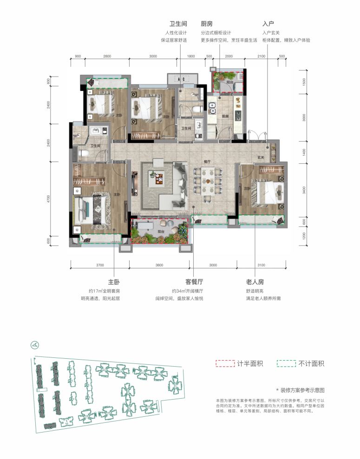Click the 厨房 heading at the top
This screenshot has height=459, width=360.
(207, 24)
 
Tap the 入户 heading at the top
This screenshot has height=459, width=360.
(268, 24)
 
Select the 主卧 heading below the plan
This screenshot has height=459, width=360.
(114, 282)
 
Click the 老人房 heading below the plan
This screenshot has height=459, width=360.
(255, 282)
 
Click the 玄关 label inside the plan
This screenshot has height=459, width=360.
(261, 158)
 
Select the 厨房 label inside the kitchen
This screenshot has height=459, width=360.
(226, 116)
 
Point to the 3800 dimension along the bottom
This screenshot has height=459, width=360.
(159, 265)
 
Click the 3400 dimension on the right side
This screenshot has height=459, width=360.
(304, 190)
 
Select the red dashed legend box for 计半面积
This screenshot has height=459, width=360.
(225, 363)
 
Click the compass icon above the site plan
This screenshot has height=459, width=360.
(33, 345)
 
